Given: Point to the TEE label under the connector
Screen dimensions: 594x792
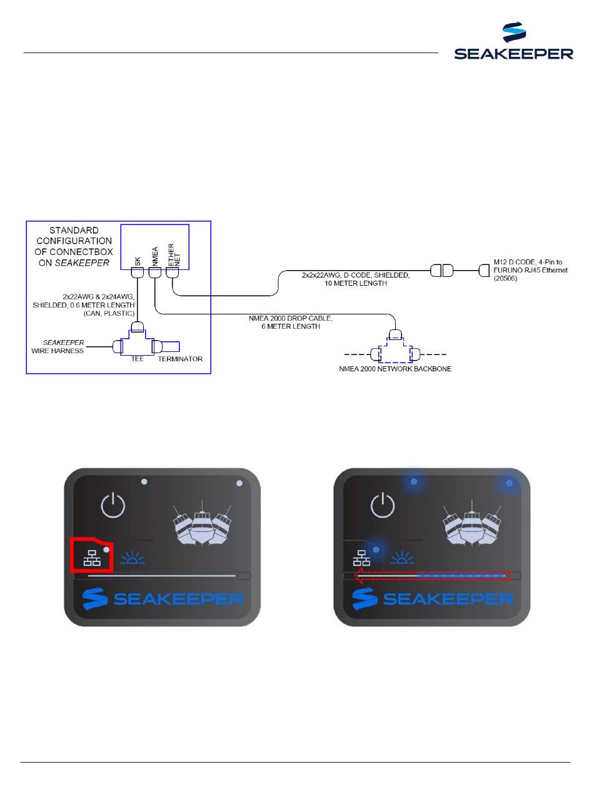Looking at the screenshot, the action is (x=138, y=359).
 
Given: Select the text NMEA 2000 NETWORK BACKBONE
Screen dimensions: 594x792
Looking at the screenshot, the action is (x=395, y=369).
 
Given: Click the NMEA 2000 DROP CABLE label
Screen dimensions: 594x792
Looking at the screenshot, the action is (x=291, y=322).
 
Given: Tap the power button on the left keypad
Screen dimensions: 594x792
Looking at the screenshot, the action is (x=113, y=504).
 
